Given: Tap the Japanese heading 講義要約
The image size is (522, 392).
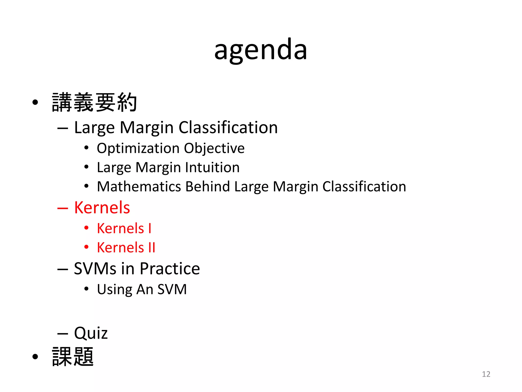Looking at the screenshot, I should click(94, 103).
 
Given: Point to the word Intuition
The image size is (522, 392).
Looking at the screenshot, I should click(212, 167).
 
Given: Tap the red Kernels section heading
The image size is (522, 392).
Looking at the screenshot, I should click(102, 207).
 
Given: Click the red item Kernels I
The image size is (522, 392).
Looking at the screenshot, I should click(124, 228).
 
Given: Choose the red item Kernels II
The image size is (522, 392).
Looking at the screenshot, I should click(126, 248).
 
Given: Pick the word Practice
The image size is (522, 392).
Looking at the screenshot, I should click(170, 269).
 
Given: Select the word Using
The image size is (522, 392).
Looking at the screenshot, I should click(114, 290).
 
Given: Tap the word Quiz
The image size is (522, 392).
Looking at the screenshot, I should click(91, 333).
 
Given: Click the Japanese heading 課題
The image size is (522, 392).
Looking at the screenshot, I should click(73, 357).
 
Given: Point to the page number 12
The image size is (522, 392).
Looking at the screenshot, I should click(486, 374).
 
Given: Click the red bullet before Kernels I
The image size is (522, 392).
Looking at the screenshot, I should click(86, 228).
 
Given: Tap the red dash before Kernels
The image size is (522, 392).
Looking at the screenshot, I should click(63, 208).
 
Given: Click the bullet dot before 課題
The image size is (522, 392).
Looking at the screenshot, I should click(35, 357).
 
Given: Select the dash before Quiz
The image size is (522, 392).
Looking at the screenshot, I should click(63, 334).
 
